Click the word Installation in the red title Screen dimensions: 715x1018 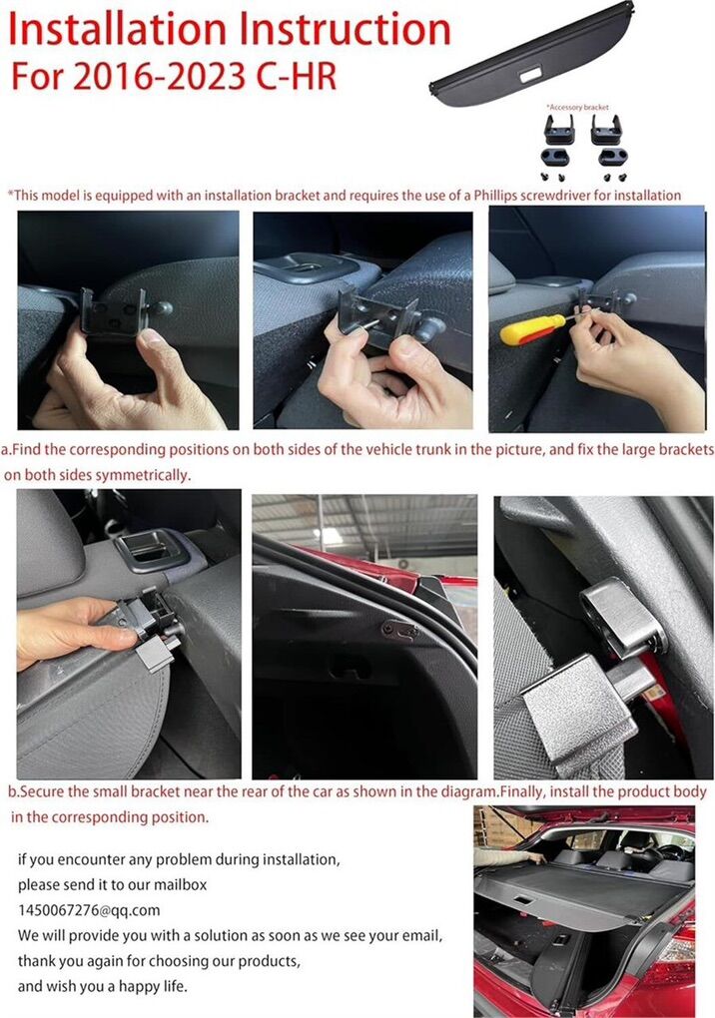click(x=117, y=31)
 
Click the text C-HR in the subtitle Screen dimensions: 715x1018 click(x=297, y=76)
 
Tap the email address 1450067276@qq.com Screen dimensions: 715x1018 click(x=89, y=910)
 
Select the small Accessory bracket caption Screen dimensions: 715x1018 click(x=577, y=107)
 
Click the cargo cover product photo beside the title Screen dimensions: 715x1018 click(x=532, y=55)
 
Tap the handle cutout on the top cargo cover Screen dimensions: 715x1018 click(x=530, y=75)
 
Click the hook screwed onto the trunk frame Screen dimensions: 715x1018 click(x=400, y=629)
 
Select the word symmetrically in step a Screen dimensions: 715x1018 click(x=143, y=475)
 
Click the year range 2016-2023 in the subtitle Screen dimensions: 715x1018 click(x=161, y=76)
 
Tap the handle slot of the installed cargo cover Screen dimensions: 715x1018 click(x=523, y=902)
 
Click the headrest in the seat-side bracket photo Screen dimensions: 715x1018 click(x=49, y=545)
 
